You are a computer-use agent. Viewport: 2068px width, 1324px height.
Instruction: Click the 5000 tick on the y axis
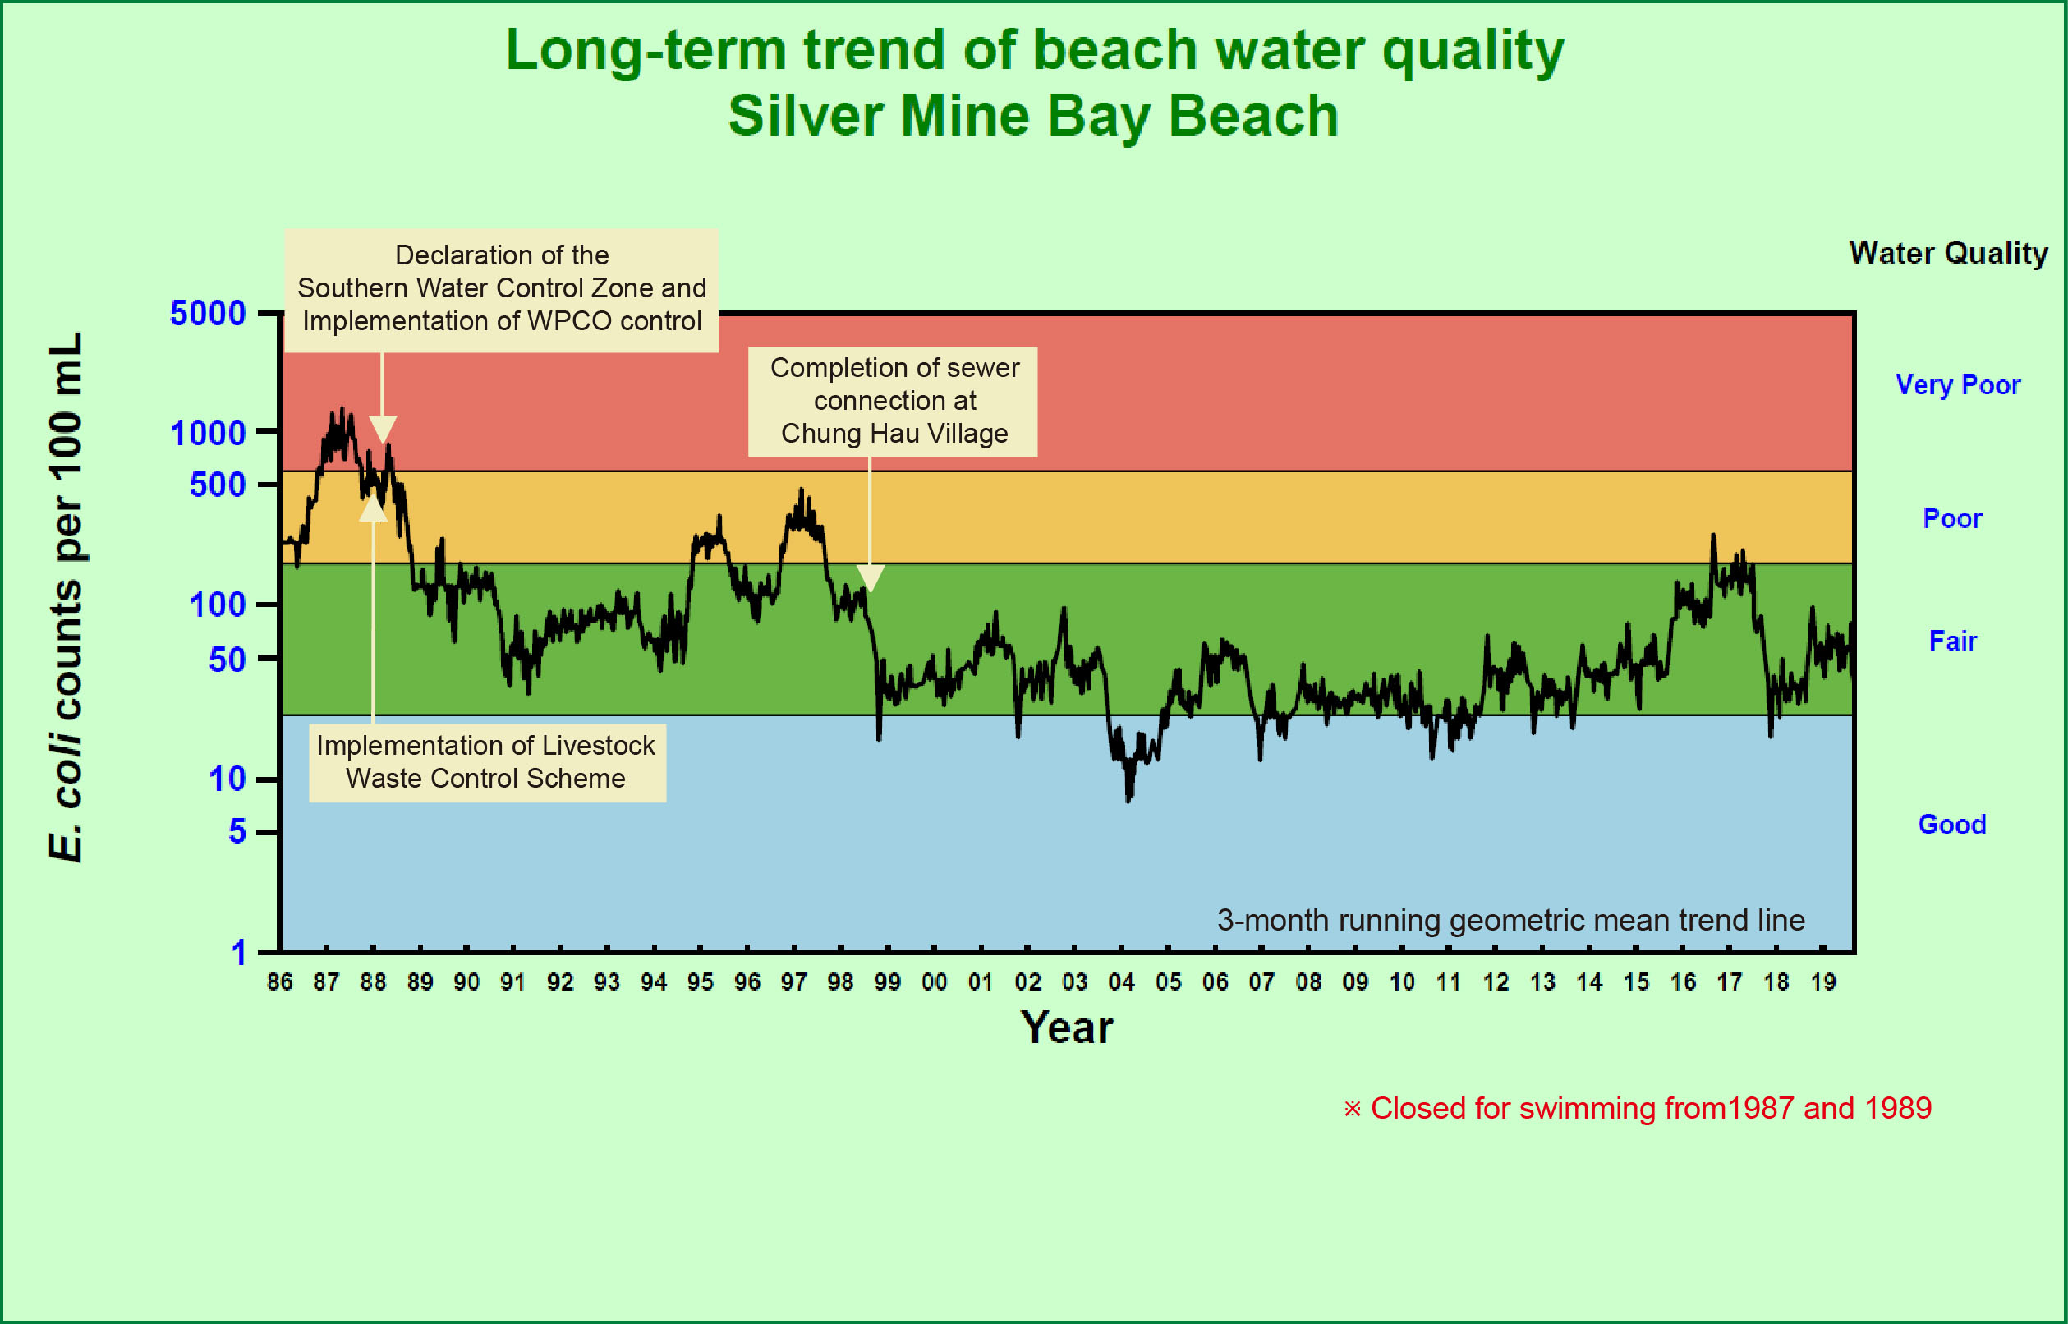pyautogui.click(x=207, y=313)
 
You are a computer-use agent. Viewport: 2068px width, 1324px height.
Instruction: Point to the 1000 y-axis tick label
pyautogui.click(x=207, y=434)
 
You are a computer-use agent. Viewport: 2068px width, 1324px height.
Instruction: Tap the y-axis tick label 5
pyautogui.click(x=237, y=831)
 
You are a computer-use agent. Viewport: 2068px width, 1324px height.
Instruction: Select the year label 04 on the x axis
pyautogui.click(x=1121, y=982)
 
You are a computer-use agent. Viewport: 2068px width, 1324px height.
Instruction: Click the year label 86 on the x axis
pyautogui.click(x=279, y=982)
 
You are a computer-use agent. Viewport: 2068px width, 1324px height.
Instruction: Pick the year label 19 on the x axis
pyautogui.click(x=1823, y=982)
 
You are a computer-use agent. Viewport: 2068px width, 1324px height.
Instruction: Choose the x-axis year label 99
pyautogui.click(x=887, y=982)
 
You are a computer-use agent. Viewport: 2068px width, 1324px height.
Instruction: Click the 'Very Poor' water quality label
pyautogui.click(x=1957, y=384)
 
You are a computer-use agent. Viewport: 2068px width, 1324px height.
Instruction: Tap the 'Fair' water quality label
pyautogui.click(x=1953, y=641)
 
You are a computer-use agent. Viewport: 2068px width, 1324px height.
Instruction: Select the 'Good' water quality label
pyautogui.click(x=1952, y=825)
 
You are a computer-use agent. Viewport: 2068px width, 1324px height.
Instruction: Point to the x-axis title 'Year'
pyautogui.click(x=1067, y=1027)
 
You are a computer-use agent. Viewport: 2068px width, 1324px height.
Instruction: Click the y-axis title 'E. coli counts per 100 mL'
pyautogui.click(x=66, y=596)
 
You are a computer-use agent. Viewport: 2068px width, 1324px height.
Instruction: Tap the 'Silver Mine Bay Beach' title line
pyautogui.click(x=1033, y=116)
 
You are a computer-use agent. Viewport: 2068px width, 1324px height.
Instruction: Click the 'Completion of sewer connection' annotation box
pyautogui.click(x=893, y=401)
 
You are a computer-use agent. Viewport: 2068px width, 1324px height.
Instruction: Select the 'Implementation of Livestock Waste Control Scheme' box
pyautogui.click(x=486, y=761)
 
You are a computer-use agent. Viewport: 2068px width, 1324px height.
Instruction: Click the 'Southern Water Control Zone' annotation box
pyautogui.click(x=501, y=289)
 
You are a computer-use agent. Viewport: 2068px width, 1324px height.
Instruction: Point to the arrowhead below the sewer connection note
pyautogui.click(x=871, y=578)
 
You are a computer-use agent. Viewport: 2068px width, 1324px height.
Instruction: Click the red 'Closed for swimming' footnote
pyautogui.click(x=1637, y=1108)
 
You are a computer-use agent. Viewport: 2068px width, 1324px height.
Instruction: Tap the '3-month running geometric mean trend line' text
pyautogui.click(x=1510, y=920)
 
